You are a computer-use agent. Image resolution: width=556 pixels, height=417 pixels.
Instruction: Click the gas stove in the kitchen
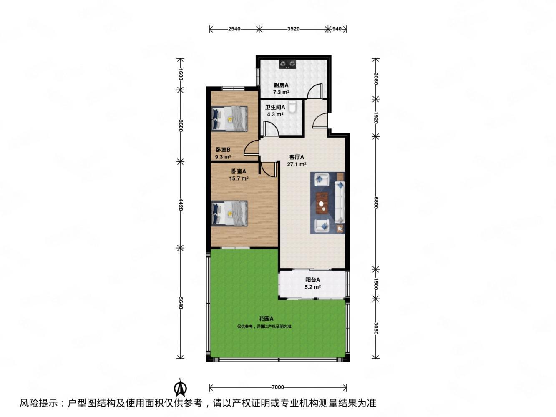tap(287, 64)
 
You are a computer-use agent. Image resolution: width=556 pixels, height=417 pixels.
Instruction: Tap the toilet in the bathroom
tap(293, 107)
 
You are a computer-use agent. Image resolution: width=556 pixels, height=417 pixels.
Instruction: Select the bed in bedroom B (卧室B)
tap(229, 118)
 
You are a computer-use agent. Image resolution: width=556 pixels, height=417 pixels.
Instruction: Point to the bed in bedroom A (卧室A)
tap(229, 214)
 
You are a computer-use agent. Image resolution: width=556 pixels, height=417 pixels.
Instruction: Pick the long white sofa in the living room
tap(340, 202)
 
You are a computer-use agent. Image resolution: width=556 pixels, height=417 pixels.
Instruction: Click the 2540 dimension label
tap(234, 29)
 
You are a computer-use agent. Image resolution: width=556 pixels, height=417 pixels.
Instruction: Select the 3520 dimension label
tap(293, 29)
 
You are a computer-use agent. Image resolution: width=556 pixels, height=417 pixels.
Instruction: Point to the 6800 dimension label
tap(376, 203)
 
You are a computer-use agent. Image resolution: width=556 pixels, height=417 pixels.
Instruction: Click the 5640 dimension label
tap(180, 303)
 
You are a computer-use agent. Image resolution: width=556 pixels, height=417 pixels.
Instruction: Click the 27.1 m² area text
tap(297, 164)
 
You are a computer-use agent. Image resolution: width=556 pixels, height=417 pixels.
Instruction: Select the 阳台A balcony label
tap(312, 280)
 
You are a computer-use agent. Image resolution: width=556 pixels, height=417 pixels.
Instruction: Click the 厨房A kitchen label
tap(281, 85)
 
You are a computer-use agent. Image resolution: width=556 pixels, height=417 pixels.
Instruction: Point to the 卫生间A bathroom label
tap(275, 107)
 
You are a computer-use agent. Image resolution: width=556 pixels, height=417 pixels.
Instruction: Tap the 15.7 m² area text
tap(239, 178)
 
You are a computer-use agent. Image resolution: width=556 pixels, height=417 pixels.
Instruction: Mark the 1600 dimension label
tap(180, 74)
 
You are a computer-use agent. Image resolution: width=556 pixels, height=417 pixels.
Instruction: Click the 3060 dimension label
tap(376, 328)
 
